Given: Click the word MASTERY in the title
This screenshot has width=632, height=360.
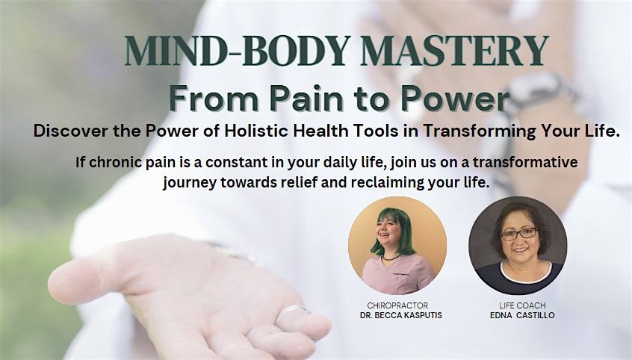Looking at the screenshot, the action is (x=454, y=52).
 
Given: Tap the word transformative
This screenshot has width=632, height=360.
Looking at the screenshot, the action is (x=525, y=162).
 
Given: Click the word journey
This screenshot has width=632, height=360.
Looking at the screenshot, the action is (x=190, y=183).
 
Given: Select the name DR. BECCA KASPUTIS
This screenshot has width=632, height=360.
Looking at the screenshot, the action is (x=401, y=315).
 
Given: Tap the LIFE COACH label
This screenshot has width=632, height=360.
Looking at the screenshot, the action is (x=522, y=305).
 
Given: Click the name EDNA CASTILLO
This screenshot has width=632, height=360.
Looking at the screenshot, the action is (x=522, y=315).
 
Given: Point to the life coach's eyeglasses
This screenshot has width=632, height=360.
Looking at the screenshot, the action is (x=518, y=234).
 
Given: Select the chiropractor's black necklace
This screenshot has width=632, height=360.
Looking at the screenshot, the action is (x=391, y=257).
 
